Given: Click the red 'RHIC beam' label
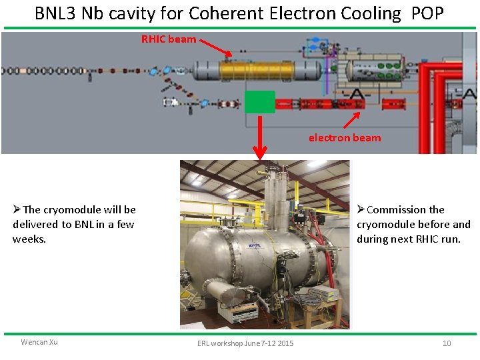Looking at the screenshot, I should click(169, 39).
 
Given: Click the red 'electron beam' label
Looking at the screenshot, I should click(345, 138).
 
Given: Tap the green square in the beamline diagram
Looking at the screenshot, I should click(259, 101).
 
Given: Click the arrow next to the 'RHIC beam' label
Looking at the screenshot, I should click(215, 46).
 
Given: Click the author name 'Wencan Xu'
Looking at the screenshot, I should click(39, 342).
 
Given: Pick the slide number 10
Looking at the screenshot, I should click(447, 343).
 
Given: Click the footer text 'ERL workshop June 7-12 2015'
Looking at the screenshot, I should click(245, 343).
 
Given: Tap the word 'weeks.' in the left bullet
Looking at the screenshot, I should click(29, 239).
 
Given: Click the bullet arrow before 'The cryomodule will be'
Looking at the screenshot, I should click(17, 209).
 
